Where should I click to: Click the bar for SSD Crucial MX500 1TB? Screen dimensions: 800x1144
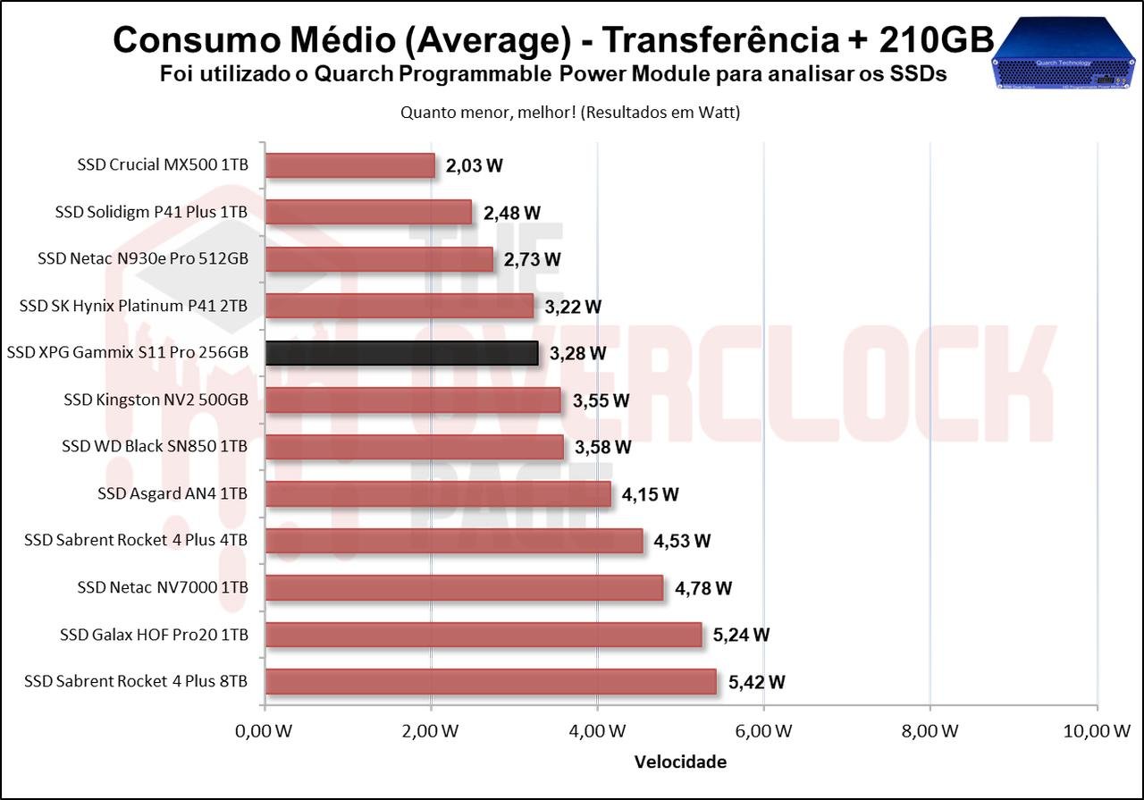coord(349,165)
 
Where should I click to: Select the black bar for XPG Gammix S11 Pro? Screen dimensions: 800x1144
coord(401,353)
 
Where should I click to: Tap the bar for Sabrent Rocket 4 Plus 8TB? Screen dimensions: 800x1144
coord(491,682)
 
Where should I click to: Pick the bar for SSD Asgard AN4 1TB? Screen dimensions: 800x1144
coord(438,493)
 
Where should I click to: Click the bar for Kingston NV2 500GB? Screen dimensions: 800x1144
coord(413,400)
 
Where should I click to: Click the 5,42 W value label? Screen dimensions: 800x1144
coord(756,682)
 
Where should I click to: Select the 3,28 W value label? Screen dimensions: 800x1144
coord(577,353)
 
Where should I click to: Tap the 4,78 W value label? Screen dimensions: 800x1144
coord(703,588)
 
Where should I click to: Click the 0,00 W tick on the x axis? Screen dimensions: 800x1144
coord(265,731)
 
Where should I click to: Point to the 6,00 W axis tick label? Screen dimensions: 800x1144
coord(764,731)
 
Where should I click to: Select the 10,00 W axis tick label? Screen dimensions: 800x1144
coord(1097,731)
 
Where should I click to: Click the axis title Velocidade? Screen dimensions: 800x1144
coord(680,762)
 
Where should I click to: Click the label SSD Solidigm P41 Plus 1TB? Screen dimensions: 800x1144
coord(151,212)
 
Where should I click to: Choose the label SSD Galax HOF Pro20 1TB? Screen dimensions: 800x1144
coord(154,635)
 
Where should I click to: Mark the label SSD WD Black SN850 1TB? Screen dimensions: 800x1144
coord(155,446)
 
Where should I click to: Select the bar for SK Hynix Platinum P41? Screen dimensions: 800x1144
coord(399,306)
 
